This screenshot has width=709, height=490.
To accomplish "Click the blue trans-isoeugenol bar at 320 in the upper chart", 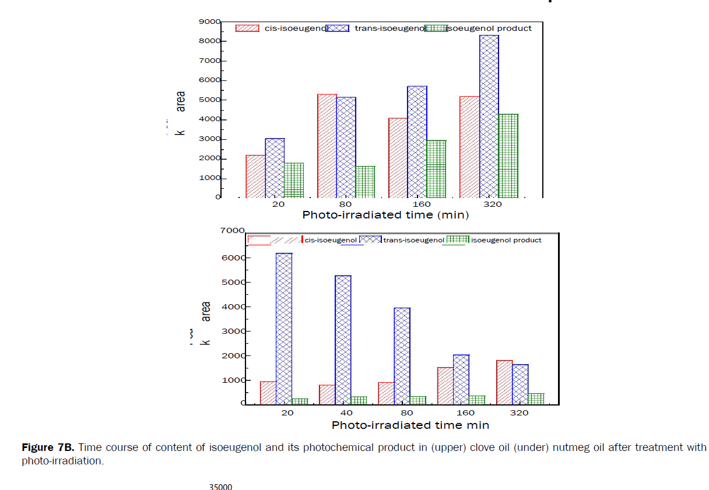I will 489,117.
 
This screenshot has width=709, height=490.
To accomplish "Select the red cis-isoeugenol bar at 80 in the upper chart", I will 327,146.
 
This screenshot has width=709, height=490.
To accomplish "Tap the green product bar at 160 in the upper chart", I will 436,169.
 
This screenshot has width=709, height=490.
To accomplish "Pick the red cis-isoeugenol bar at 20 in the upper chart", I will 255,176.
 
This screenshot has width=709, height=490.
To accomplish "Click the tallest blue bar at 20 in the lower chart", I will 284,329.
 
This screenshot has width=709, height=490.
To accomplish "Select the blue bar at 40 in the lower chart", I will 343,340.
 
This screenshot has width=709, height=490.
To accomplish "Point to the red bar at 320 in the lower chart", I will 504,382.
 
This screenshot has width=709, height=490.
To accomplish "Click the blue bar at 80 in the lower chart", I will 402,356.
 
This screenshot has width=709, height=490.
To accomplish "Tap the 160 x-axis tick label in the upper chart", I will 421,205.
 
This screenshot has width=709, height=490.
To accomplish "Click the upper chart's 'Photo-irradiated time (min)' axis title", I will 385,215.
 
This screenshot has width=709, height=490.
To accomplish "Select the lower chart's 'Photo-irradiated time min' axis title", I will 410,425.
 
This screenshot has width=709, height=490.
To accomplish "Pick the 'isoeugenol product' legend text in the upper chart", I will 489,28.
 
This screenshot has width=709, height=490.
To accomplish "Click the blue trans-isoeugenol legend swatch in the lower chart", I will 370,239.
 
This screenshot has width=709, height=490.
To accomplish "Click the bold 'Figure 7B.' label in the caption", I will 48,448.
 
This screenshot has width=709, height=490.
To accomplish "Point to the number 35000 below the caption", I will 221,486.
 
